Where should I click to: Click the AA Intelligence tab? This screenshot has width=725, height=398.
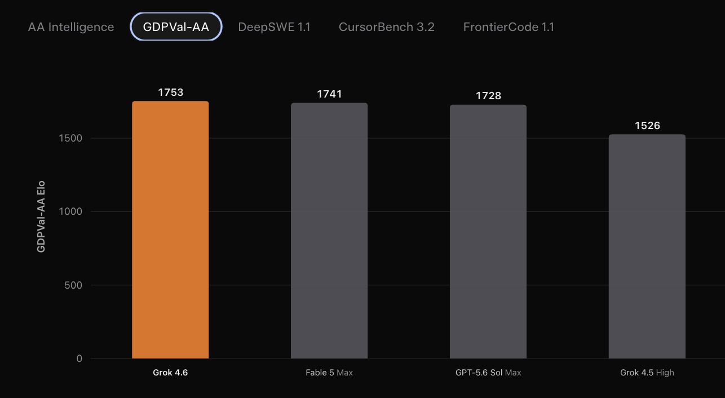pos(71,27)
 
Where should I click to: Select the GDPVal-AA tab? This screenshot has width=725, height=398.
pos(176,27)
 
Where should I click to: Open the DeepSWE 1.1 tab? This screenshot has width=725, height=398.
pos(274,27)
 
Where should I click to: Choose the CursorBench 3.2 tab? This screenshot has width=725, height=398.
pos(386,27)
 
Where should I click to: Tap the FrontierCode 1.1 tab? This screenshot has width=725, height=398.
pos(509,27)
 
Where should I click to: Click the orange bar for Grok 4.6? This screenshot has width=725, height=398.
pos(170,230)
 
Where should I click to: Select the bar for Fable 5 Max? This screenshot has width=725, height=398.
pos(329,231)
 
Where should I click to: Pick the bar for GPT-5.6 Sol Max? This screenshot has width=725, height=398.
pos(488,232)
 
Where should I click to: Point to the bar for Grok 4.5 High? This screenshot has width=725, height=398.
pos(647,246)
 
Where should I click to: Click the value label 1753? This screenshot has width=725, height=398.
pos(171,92)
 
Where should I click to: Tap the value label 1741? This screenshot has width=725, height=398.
pos(329,94)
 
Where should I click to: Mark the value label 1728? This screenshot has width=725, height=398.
pos(488,96)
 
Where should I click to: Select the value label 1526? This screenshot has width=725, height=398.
pos(647,126)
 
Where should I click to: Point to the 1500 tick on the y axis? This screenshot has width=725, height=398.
pos(70,138)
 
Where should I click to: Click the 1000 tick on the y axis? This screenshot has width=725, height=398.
pos(70,211)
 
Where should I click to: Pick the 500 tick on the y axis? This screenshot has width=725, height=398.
pos(73,285)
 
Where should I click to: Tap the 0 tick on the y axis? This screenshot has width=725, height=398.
pos(79,359)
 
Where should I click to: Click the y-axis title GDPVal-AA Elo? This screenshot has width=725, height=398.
pos(41,216)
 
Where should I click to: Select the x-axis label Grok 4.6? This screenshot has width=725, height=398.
pos(170,373)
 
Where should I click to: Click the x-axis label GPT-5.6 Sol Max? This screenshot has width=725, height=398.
pos(488,373)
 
